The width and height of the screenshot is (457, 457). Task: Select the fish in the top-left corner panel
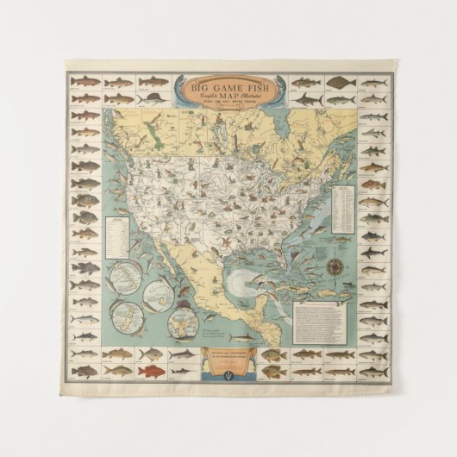(x=84, y=82)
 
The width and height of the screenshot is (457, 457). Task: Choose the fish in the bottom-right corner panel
(x=372, y=371)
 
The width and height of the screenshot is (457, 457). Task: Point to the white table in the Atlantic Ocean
(x=342, y=203)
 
